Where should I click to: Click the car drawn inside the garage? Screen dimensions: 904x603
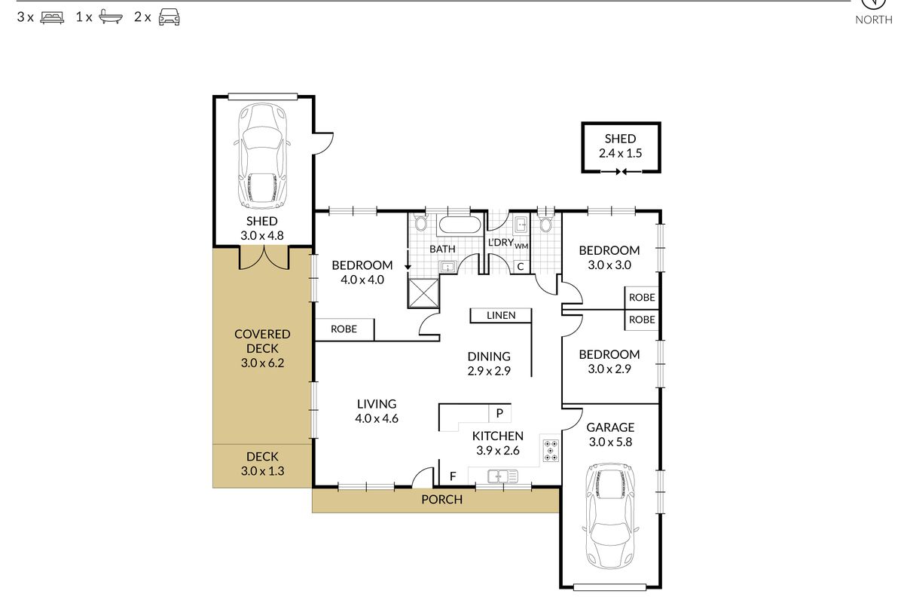[x=611, y=516]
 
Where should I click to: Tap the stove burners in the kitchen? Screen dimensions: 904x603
[x=551, y=451]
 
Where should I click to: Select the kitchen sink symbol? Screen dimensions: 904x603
[x=503, y=476]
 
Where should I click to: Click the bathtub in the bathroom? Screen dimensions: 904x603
[x=460, y=225]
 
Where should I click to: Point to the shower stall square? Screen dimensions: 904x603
[x=423, y=292]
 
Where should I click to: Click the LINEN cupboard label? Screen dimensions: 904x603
[x=501, y=315]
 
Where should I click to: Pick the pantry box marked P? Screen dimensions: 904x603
[x=499, y=413]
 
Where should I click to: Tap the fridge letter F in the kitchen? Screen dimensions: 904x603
[x=453, y=476]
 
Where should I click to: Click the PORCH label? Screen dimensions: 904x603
[x=442, y=500]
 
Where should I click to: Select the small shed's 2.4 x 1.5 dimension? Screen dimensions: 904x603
[x=620, y=154]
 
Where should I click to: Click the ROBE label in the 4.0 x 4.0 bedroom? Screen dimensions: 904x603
[x=344, y=329]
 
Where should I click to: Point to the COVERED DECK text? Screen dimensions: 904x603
[x=262, y=341]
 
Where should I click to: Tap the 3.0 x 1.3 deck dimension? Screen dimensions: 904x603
[x=262, y=471]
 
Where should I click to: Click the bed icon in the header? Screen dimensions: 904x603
[x=52, y=18]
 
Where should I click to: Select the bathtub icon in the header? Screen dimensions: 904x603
[x=111, y=17]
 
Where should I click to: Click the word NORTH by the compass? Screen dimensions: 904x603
[x=874, y=20]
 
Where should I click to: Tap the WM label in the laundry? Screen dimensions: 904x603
[x=521, y=246]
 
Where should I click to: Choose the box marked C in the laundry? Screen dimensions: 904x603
[x=521, y=267]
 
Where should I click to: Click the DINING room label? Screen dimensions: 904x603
[x=489, y=357]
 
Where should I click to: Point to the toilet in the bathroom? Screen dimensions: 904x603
[x=421, y=222]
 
